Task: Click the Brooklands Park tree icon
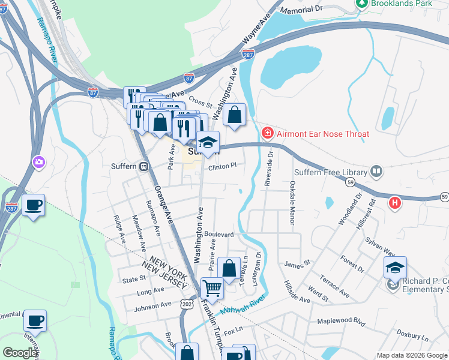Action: [x=362, y=4]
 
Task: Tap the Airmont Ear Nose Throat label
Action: [x=322, y=133]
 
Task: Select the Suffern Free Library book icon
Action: [x=376, y=172]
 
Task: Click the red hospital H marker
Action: [x=394, y=203]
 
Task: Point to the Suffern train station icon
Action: [x=144, y=166]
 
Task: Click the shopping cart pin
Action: [x=212, y=289]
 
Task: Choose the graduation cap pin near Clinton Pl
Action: [x=208, y=142]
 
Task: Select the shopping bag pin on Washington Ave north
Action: [x=235, y=115]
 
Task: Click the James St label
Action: [x=297, y=263]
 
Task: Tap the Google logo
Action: [x=20, y=353]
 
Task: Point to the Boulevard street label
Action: [x=218, y=234]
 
